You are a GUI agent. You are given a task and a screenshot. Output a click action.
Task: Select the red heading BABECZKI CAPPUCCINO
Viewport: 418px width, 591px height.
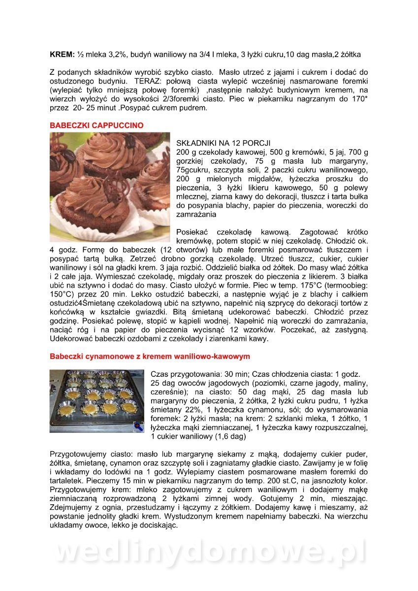96,126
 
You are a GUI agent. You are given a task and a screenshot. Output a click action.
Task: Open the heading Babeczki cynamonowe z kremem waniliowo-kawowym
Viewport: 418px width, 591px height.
150,356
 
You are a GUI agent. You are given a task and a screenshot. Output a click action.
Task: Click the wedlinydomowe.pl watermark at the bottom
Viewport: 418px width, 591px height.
209,553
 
